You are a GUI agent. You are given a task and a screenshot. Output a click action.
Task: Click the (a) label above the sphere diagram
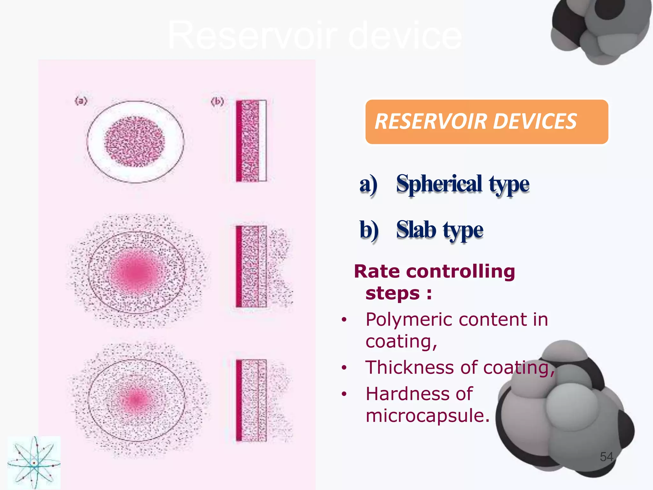(81, 101)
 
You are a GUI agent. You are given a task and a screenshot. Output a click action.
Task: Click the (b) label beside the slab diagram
(217, 102)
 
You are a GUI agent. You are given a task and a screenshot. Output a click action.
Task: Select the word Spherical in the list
(439, 184)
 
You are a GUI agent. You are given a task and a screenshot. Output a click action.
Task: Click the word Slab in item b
(416, 230)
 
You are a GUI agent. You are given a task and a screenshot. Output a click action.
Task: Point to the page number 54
(606, 457)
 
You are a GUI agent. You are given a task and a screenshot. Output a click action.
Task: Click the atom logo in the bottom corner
(34, 463)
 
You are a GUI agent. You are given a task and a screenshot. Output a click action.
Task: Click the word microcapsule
(427, 416)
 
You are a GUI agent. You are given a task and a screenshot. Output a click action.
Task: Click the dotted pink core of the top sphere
(135, 141)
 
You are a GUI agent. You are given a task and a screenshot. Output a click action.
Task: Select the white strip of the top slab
(262, 141)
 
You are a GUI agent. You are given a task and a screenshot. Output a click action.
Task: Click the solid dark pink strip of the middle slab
(239, 266)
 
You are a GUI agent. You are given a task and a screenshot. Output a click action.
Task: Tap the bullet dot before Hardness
(344, 394)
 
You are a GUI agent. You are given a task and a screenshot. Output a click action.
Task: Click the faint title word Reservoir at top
(252, 35)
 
